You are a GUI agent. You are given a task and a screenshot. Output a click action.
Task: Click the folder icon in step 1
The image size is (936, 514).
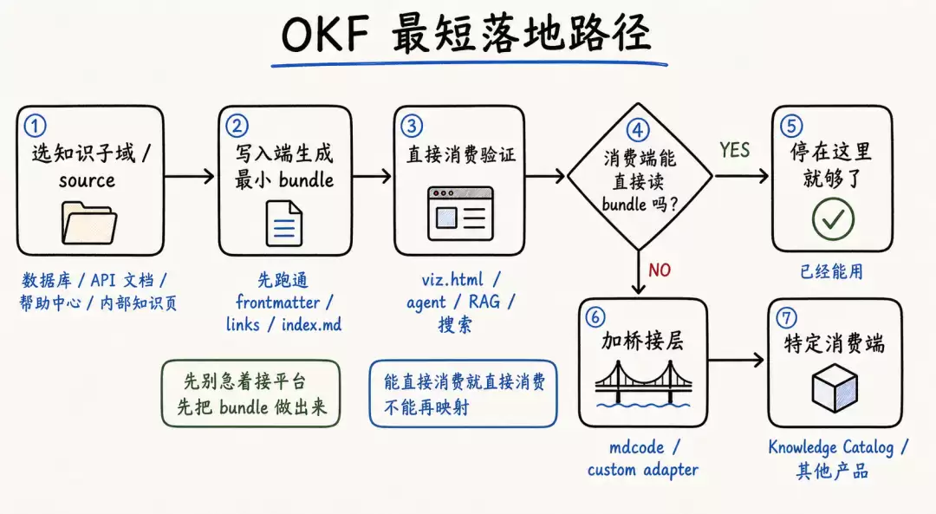[89, 223]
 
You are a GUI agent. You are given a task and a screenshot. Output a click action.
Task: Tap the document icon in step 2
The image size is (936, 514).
[283, 224]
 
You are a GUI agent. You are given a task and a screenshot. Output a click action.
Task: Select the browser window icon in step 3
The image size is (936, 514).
[460, 213]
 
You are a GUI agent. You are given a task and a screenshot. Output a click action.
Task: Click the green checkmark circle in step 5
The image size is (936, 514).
[833, 219]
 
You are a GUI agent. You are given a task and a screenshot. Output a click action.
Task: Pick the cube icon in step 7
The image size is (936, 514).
[835, 388]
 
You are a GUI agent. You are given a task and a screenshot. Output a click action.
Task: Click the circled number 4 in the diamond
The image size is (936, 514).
[638, 130]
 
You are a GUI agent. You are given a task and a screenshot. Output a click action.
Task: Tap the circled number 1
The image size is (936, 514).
[35, 126]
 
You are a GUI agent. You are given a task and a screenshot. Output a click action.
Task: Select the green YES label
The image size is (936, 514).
[734, 150]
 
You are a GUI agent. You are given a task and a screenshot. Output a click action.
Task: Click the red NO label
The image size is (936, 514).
[660, 270]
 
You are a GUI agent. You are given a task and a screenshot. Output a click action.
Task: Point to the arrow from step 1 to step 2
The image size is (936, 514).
[189, 176]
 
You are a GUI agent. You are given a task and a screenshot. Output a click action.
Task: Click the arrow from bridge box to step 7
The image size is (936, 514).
[736, 360]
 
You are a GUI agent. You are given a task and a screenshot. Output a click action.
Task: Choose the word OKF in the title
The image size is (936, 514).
[326, 34]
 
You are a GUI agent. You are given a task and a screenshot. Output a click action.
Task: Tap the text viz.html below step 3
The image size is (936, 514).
[452, 279]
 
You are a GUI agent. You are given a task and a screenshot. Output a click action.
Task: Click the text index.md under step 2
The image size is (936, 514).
[312, 325]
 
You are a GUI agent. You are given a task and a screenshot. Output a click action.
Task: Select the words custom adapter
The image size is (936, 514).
[643, 471]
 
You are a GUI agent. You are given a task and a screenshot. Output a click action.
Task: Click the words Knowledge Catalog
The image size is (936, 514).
[831, 447]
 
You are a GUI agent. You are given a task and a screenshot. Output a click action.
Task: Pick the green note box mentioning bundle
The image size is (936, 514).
[250, 394]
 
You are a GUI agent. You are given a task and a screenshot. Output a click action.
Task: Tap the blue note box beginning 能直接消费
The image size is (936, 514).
[463, 394]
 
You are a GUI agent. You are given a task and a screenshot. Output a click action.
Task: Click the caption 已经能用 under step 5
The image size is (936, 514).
[831, 271]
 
